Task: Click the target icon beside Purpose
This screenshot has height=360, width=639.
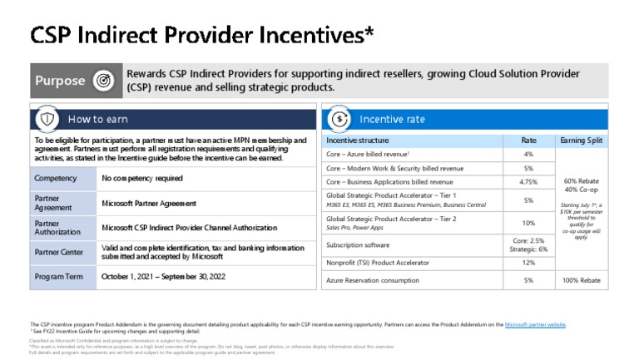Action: point(103,81)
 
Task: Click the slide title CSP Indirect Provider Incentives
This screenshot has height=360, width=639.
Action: point(202,34)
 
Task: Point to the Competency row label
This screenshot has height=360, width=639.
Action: point(56,178)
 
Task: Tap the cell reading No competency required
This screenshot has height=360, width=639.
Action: point(142,178)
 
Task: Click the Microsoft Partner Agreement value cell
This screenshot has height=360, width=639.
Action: point(149,203)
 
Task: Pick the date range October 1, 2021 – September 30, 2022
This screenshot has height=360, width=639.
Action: point(163,276)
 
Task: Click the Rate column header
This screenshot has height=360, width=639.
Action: point(528,141)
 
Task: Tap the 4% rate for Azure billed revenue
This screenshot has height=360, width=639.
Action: point(528,155)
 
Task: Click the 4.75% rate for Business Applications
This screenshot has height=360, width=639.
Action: point(528,182)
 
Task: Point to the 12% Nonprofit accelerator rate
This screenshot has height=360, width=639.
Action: point(528,263)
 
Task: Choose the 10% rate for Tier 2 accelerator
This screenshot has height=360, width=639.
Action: point(528,223)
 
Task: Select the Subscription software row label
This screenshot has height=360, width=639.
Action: point(358,245)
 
